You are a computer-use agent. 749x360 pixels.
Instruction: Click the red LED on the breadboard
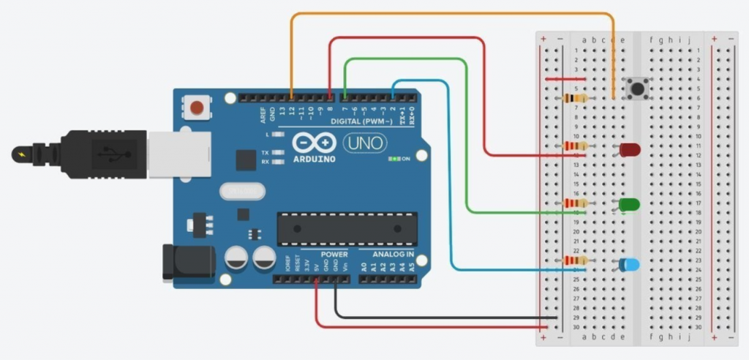point(630,149)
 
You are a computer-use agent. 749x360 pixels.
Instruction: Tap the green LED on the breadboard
point(629,204)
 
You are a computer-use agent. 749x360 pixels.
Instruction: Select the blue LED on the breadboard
point(628,264)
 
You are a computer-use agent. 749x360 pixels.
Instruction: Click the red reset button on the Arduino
point(196,108)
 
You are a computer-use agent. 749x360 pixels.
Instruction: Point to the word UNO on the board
point(364,143)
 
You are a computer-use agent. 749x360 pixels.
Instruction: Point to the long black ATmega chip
point(347,228)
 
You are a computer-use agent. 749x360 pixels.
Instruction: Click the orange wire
point(453,14)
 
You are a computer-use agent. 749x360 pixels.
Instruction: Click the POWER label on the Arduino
point(334,255)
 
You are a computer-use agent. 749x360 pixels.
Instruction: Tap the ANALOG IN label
point(394,255)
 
